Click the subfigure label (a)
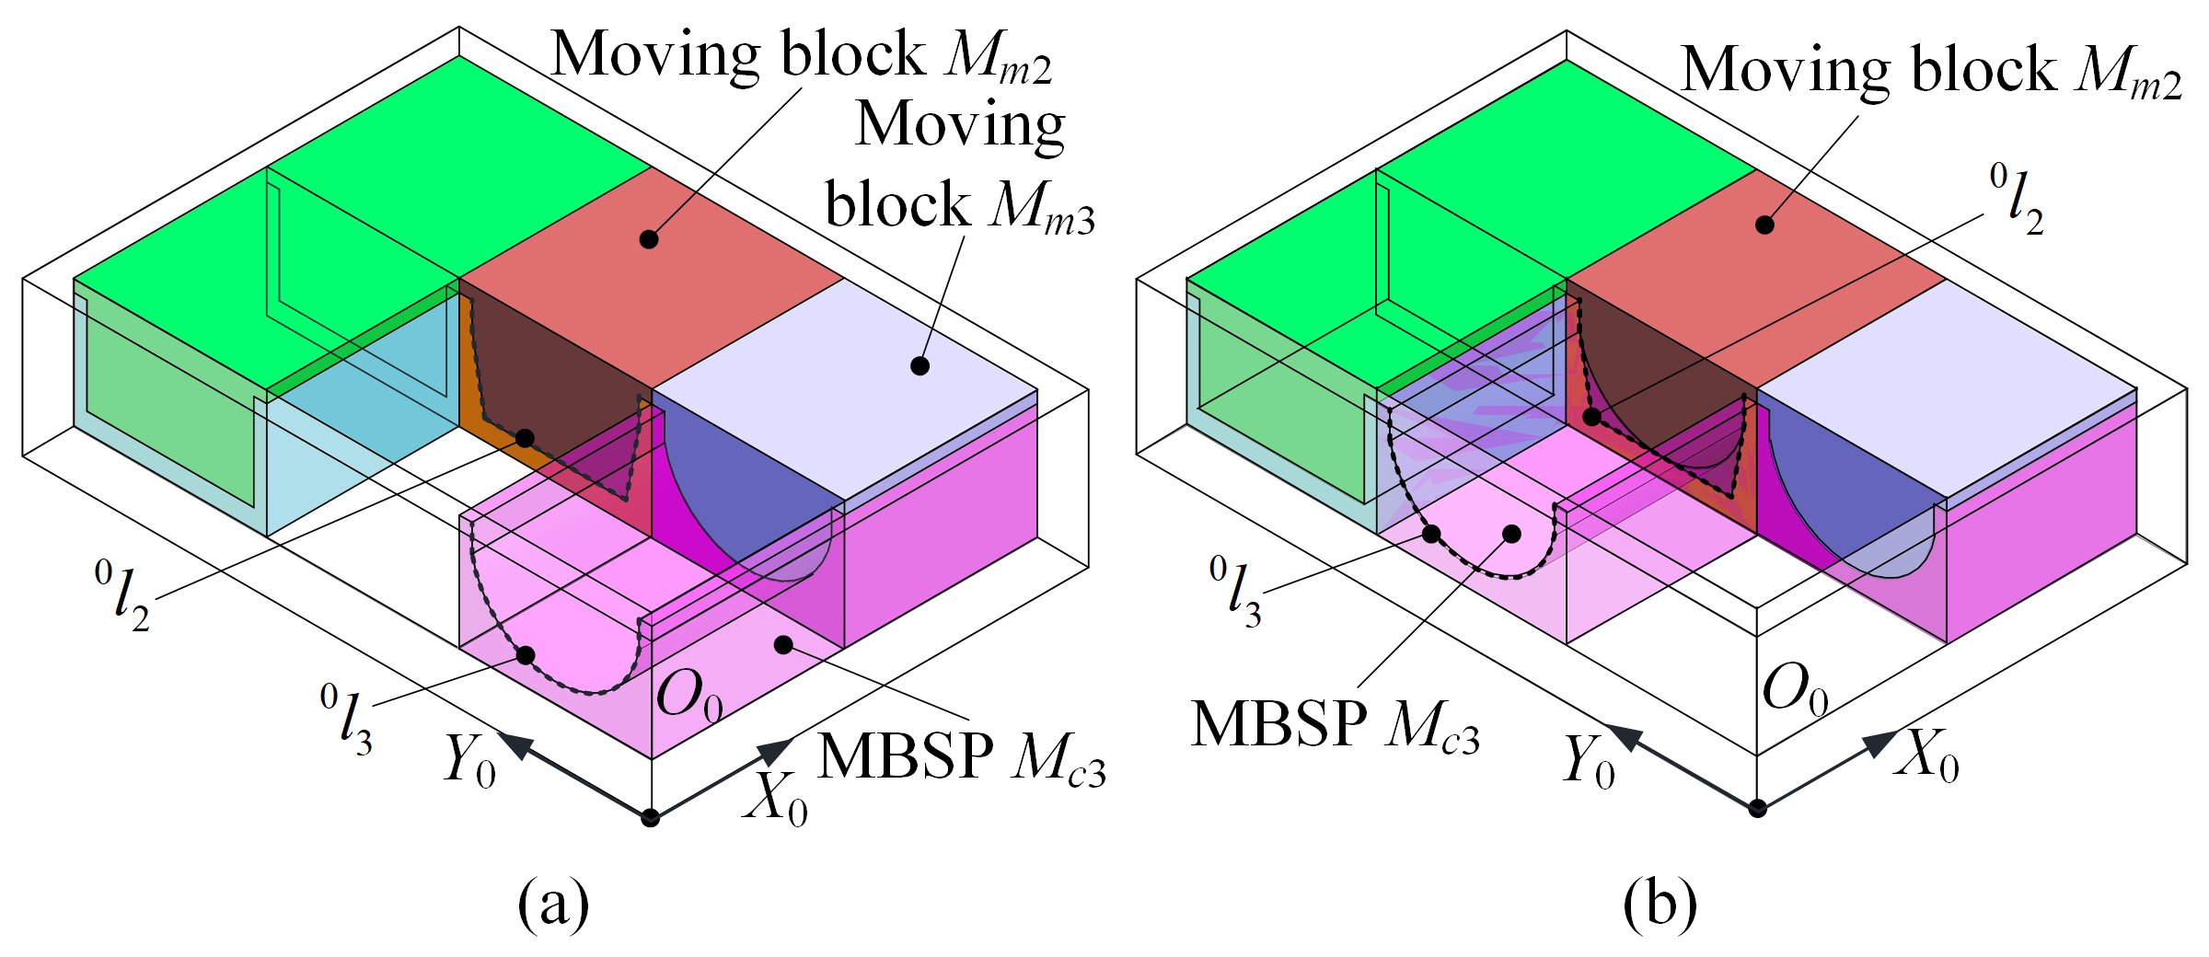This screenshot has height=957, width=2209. pyautogui.click(x=553, y=906)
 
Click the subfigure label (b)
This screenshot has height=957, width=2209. pyautogui.click(x=1661, y=906)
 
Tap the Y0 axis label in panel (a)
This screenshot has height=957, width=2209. pyautogui.click(x=468, y=761)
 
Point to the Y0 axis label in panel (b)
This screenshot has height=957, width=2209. pyautogui.click(x=1590, y=763)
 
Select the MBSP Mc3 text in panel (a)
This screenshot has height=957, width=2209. pyautogui.click(x=962, y=756)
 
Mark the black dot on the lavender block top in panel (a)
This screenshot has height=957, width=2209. pyautogui.click(x=919, y=366)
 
